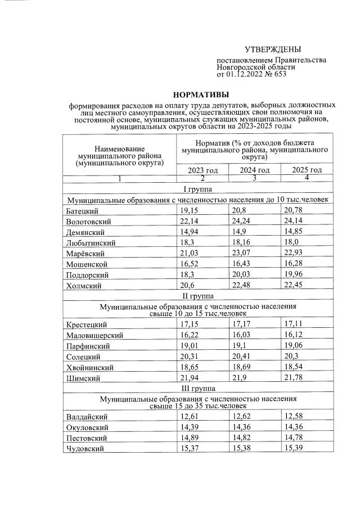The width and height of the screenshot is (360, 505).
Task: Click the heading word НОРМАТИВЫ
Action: (201, 94)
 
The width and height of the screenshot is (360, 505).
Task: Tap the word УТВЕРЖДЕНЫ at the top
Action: (269, 49)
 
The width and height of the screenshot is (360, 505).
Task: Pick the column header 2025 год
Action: (307, 170)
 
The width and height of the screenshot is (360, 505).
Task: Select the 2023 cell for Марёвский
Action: (190, 254)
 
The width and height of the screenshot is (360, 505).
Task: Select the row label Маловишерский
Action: (94, 336)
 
